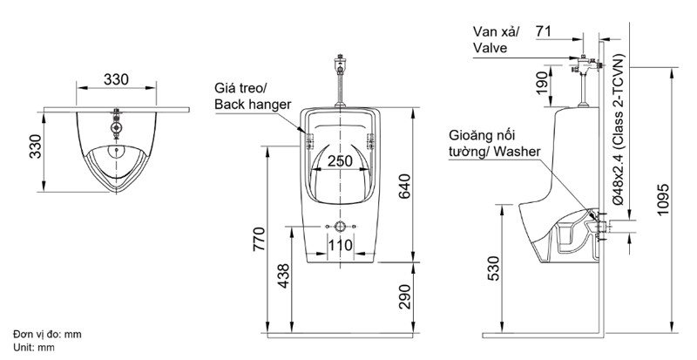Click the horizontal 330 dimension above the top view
[x=117, y=78]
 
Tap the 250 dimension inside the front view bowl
[x=340, y=160]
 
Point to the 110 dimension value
[x=340, y=246]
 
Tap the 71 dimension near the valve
[x=544, y=31]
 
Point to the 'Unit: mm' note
[x=34, y=346]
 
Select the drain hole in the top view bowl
[x=114, y=149]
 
